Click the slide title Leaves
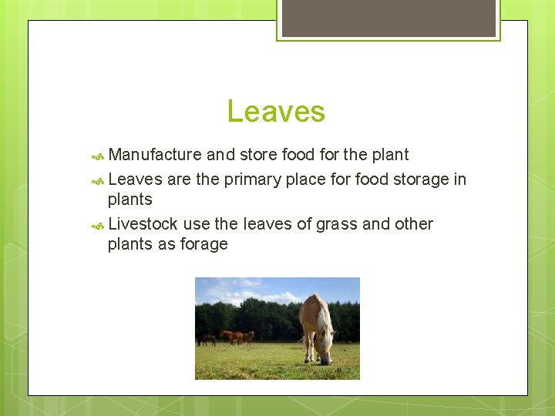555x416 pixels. tap(276, 112)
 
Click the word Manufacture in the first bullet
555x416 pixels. tap(155, 155)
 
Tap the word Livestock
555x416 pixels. tap(143, 224)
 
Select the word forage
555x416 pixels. tap(203, 244)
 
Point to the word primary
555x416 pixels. tap(252, 179)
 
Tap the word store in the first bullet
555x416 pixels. tap(259, 155)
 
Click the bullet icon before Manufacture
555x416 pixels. tap(98, 156)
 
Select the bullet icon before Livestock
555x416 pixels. tap(98, 226)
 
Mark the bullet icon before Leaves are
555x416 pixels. tap(98, 181)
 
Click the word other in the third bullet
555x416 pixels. tap(414, 224)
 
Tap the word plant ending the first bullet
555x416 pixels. tap(388, 155)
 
